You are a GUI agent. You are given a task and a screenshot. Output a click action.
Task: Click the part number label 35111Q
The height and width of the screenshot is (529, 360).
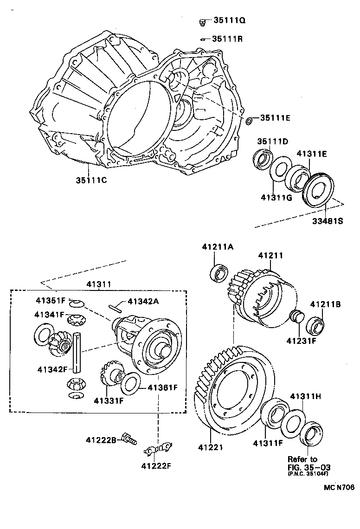(229, 20)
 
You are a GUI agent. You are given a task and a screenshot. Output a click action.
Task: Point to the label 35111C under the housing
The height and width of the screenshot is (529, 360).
(92, 180)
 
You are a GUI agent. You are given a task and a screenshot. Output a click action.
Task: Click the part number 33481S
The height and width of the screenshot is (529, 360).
(327, 221)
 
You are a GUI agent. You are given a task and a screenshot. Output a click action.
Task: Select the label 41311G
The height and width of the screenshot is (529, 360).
(276, 198)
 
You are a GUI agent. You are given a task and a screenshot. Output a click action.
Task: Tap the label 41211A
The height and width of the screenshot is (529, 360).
(217, 247)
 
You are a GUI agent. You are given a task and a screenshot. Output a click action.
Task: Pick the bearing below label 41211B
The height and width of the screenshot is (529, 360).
(318, 325)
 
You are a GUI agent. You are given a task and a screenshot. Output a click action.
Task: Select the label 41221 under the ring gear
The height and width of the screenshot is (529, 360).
(211, 447)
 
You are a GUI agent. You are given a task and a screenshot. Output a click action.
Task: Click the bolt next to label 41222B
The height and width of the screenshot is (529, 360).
(128, 438)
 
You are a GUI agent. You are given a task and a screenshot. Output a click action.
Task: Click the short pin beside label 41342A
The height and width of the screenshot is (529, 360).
(116, 306)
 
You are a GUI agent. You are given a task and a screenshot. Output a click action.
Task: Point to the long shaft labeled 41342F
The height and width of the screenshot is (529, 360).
(77, 353)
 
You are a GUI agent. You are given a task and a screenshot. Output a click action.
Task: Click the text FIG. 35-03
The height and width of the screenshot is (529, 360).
(305, 467)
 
